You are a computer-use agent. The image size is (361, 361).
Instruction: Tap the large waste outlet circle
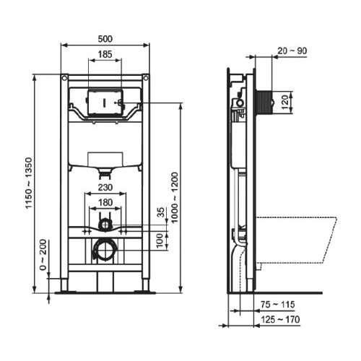[x=106, y=250]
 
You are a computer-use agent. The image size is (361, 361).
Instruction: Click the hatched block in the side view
[x=262, y=100]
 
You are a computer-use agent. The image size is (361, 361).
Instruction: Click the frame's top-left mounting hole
[x=65, y=77]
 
